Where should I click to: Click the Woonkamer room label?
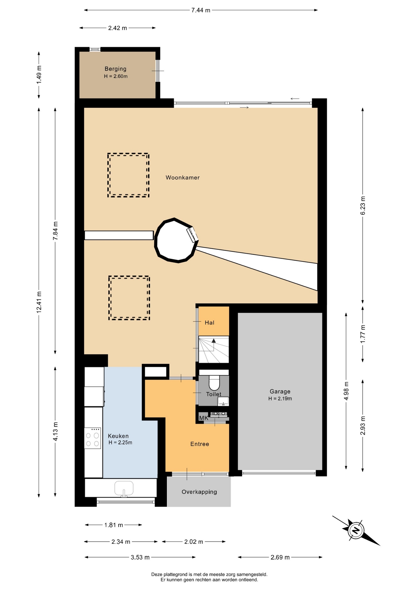(182, 178)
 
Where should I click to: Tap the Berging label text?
(115, 69)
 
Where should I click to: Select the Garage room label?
(280, 391)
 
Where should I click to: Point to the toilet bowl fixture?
(214, 382)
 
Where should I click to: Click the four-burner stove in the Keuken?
(92, 438)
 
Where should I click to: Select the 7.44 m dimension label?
(201, 10)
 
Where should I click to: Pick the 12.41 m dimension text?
(39, 302)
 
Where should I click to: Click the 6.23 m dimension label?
(363, 205)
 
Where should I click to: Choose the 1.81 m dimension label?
(114, 525)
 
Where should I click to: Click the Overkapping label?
(199, 492)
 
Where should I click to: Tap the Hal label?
(209, 323)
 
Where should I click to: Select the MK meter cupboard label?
(204, 418)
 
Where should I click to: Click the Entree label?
(200, 444)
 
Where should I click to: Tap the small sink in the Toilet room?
(223, 401)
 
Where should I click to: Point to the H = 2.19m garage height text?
(280, 399)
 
